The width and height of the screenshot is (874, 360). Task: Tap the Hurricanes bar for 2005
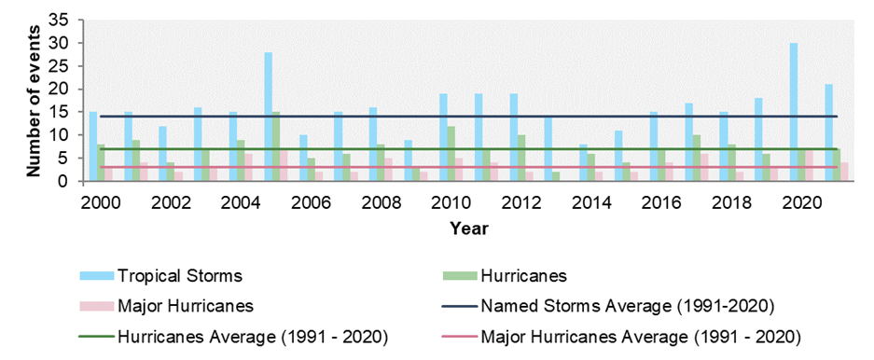pos(276,146)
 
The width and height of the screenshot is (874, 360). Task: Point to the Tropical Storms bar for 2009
pos(408,160)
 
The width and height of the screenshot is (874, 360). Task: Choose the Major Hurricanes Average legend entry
pos(640,336)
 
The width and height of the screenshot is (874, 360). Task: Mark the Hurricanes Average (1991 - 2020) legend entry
pos(252,336)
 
